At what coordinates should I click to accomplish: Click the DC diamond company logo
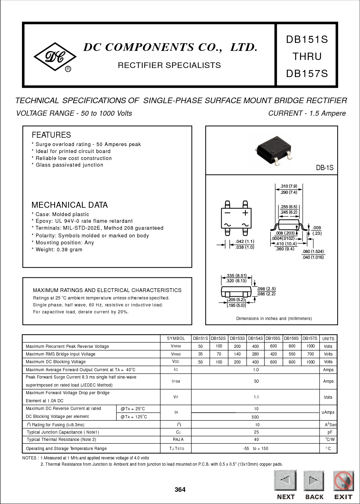pos(55,57)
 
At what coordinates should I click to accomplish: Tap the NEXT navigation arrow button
pos(285,481)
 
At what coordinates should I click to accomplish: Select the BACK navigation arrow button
pos(314,481)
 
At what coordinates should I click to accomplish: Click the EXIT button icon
pos(343,481)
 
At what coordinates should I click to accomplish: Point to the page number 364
pos(180,490)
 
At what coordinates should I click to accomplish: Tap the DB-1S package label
pos(324,168)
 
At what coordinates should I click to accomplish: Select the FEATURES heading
pos(51,135)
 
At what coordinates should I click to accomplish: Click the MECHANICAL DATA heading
pos(70,205)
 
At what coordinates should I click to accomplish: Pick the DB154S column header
pos(255,338)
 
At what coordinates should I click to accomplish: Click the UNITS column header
pos(328,338)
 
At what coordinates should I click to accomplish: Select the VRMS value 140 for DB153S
pos(237,354)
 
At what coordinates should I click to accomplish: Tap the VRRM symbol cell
pos(176,346)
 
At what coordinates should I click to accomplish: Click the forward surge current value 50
pos(256,381)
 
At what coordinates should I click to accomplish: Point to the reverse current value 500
pos(255,417)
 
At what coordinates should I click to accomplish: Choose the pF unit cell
pos(328,432)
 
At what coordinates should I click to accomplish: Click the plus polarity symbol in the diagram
pos(245,213)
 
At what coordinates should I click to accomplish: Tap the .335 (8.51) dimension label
pos(236,275)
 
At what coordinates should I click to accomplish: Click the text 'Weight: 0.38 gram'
pos(59,250)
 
